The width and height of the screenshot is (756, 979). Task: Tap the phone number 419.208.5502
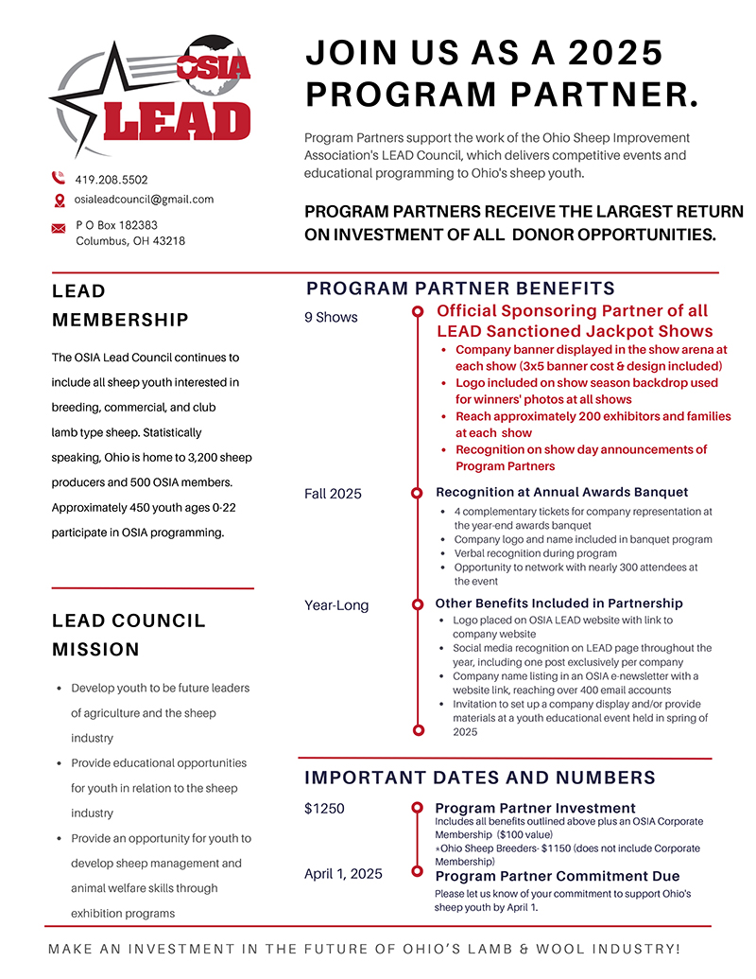click(112, 180)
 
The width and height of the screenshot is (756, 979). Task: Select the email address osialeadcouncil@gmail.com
click(145, 200)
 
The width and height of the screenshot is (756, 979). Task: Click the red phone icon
click(59, 178)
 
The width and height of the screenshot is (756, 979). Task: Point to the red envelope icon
click(59, 228)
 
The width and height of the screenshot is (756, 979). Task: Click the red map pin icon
click(59, 201)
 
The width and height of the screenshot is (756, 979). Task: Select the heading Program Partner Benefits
click(460, 288)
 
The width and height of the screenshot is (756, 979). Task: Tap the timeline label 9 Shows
click(331, 318)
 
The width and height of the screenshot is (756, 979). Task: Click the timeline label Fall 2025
click(333, 494)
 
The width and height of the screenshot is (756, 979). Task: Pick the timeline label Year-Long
click(336, 605)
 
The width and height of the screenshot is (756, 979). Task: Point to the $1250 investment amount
click(324, 809)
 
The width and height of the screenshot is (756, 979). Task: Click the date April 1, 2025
click(343, 874)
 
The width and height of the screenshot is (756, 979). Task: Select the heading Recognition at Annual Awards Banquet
click(561, 493)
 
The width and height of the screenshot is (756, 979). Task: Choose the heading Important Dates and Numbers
click(479, 778)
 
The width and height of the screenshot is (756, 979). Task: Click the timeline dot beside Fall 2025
click(417, 494)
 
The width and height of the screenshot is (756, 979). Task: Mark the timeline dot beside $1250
click(417, 809)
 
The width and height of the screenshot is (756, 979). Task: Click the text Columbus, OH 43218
click(130, 241)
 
